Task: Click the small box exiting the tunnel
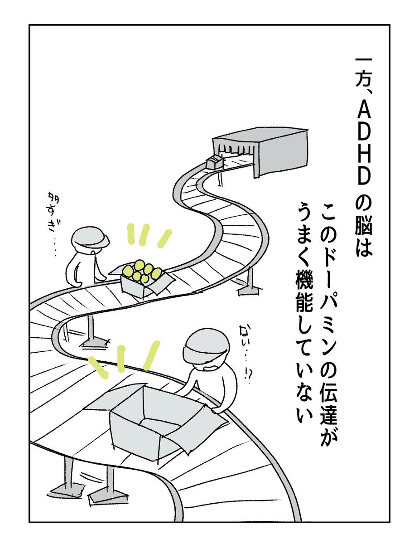(214, 162)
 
